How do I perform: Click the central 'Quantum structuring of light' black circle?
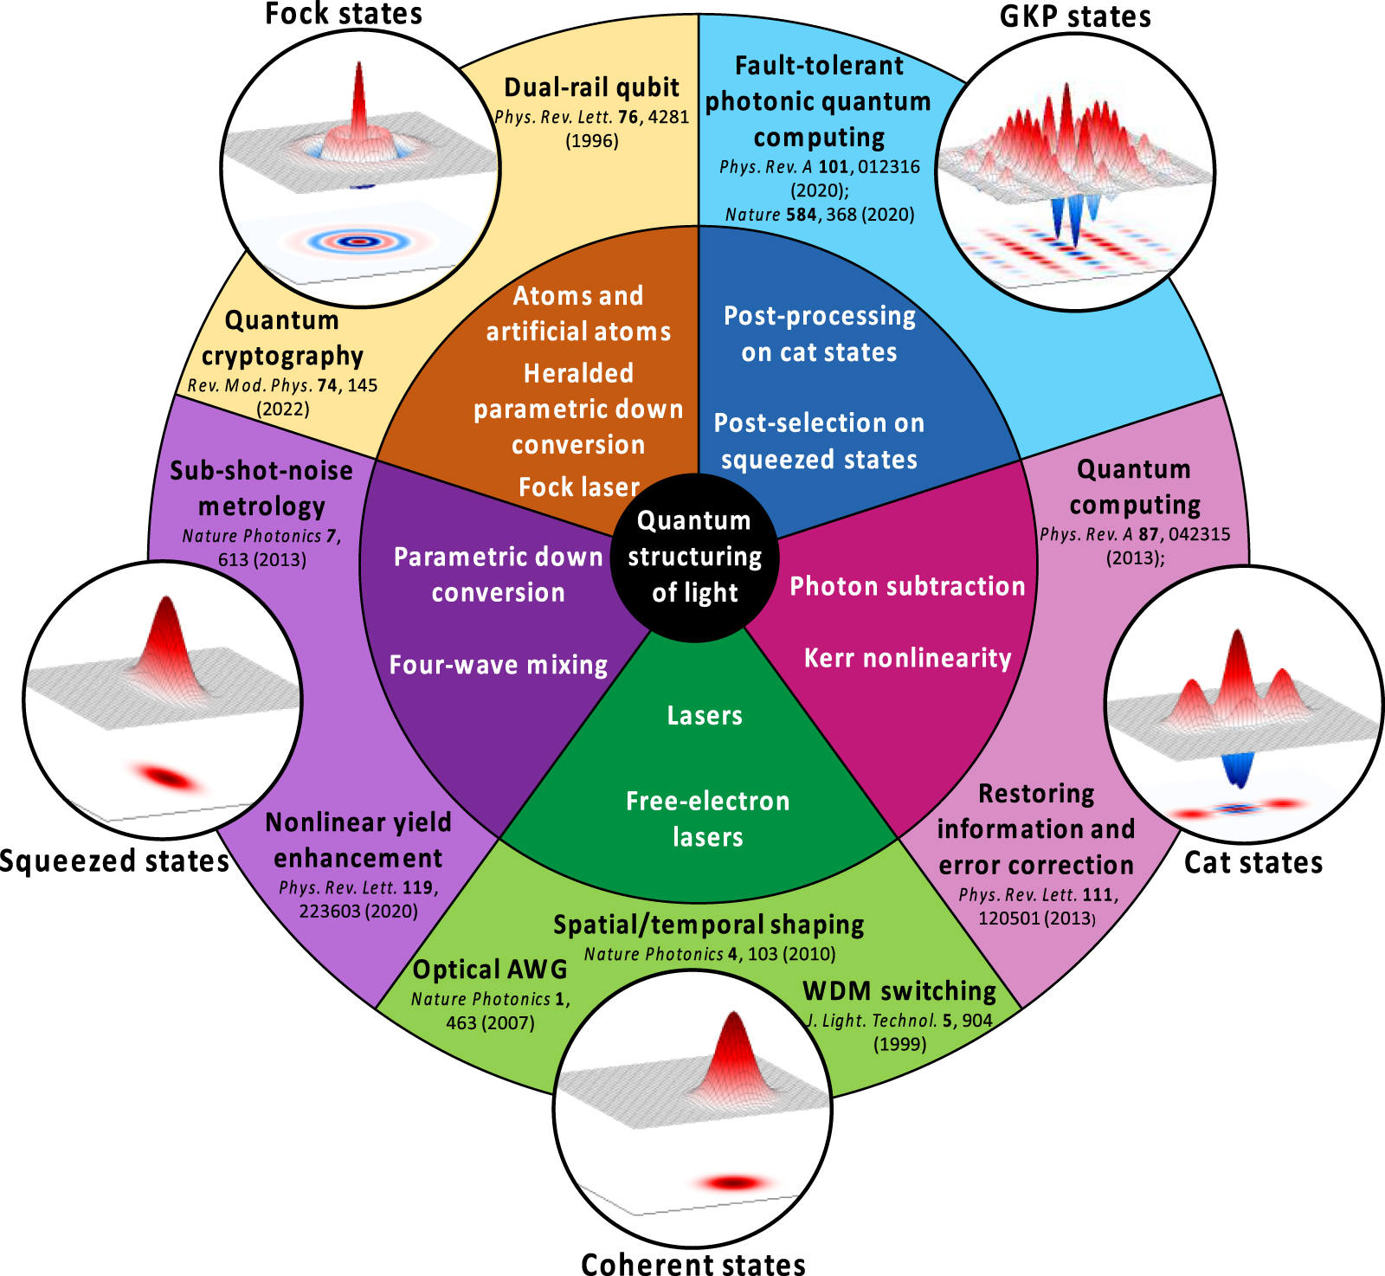(x=695, y=557)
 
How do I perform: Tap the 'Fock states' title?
(x=344, y=14)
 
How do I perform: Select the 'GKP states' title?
(x=1075, y=16)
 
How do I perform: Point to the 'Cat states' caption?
(x=1253, y=862)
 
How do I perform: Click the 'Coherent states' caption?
(x=692, y=1263)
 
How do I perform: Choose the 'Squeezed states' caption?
(x=114, y=860)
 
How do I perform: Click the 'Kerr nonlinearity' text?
(x=907, y=658)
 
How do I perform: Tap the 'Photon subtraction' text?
(x=907, y=586)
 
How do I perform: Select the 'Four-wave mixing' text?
(x=499, y=665)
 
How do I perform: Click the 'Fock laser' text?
(x=578, y=487)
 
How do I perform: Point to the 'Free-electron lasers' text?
(x=707, y=818)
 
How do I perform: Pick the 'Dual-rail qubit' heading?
(x=592, y=87)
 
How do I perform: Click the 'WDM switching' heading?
(x=899, y=990)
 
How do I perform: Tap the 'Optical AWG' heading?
(x=490, y=970)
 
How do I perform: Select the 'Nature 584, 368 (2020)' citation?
(x=820, y=214)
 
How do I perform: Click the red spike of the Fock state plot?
(x=359, y=95)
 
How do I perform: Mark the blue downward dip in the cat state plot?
(x=1239, y=766)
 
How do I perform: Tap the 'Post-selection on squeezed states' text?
(x=819, y=441)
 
